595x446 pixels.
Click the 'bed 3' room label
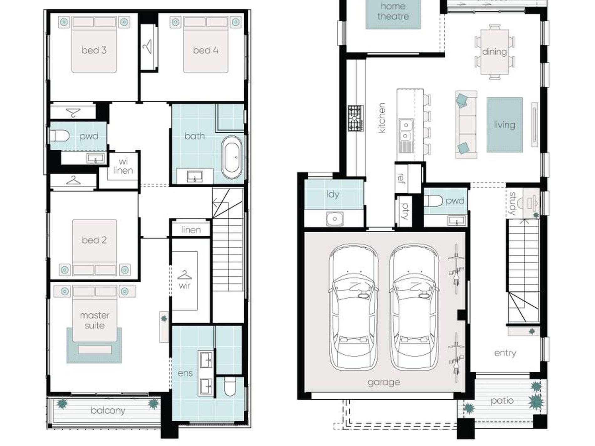coord(94,50)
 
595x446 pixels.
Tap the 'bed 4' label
coord(205,50)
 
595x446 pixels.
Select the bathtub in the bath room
coord(232,157)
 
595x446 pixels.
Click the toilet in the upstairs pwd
coord(59,136)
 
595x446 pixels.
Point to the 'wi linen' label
coord(123,166)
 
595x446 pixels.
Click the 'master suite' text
coord(95,320)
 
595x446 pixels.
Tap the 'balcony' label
coord(108,410)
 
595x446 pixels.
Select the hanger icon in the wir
coord(184,275)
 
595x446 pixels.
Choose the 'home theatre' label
coord(393,11)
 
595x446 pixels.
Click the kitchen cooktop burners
coord(356,118)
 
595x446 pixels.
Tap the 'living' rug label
coord(504,125)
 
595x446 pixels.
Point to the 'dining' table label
coord(494,52)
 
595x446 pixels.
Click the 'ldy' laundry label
coord(333,194)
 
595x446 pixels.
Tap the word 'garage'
coord(384,382)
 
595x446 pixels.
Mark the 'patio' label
coord(502,401)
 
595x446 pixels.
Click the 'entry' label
coord(505,353)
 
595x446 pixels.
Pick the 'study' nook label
coord(513,203)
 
